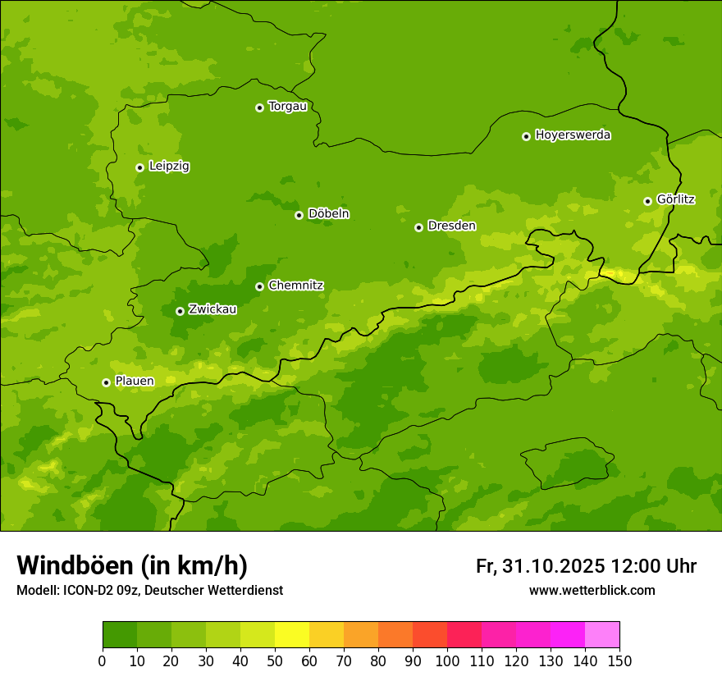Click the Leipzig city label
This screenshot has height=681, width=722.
[169, 167]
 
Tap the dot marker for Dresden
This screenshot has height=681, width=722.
[418, 227]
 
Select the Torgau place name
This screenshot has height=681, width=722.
[287, 107]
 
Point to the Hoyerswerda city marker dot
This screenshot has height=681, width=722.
[526, 136]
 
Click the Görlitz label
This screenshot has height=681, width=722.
[675, 199]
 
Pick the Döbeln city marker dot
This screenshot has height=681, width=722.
[299, 215]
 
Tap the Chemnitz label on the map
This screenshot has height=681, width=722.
[295, 286]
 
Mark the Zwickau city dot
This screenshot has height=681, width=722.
[180, 311]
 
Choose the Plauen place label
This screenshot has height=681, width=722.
[134, 382]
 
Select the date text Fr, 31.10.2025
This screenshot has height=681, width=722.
[540, 566]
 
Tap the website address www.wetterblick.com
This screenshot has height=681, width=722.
[592, 591]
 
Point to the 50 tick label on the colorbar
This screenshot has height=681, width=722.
[275, 660]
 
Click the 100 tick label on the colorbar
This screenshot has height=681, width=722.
[447, 660]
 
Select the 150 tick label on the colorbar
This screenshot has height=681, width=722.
[619, 660]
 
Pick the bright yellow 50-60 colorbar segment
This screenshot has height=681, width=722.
[292, 635]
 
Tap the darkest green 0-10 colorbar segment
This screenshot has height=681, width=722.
[120, 635]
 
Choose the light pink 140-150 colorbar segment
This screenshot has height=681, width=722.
[602, 635]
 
